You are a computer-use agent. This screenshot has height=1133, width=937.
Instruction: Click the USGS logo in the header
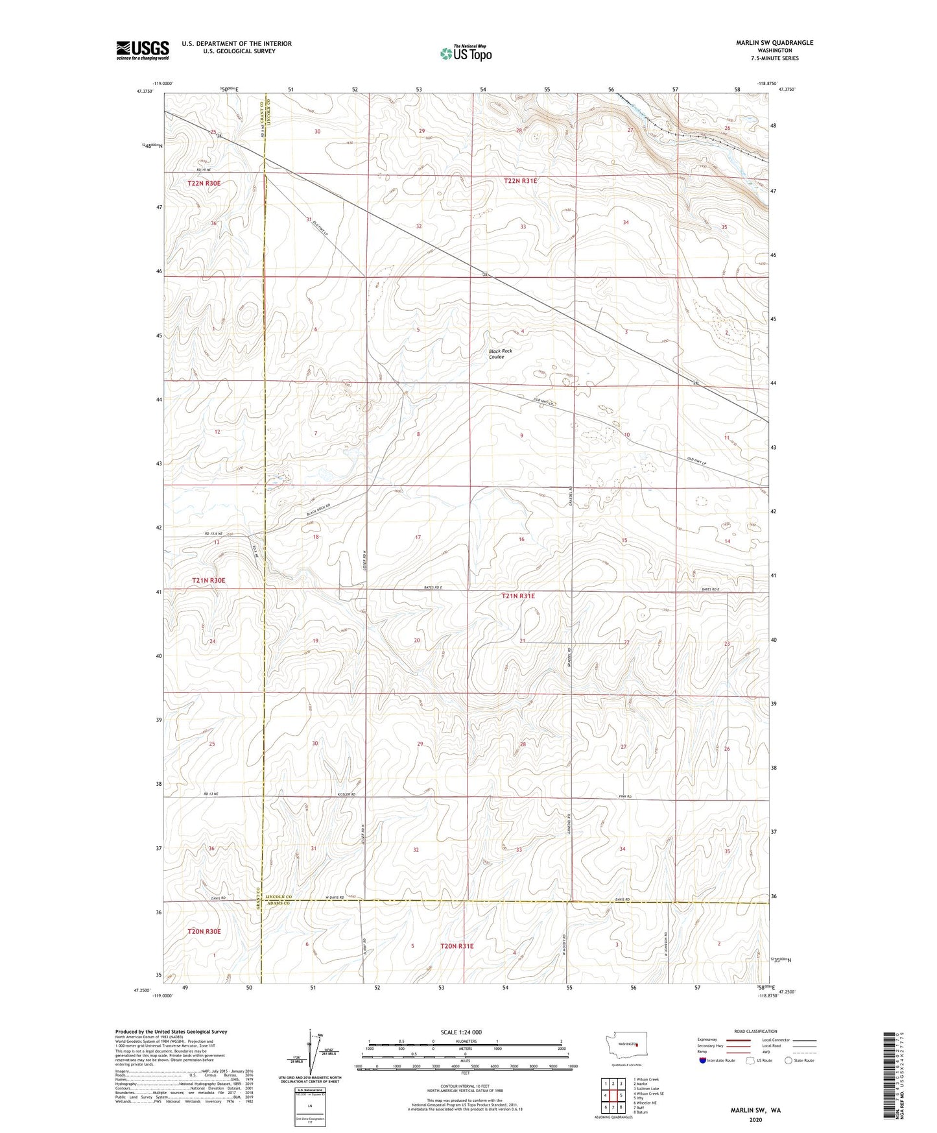(x=143, y=50)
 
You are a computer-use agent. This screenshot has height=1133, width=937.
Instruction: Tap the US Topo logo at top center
(x=466, y=53)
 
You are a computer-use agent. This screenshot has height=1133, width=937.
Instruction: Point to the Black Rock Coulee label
(x=500, y=354)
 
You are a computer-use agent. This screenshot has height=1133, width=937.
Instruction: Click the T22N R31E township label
(x=520, y=181)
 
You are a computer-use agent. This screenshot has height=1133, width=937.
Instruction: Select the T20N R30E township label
(x=204, y=931)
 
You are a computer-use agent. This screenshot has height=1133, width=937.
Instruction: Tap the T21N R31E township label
(x=518, y=595)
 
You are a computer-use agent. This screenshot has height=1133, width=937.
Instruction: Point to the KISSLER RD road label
(x=347, y=794)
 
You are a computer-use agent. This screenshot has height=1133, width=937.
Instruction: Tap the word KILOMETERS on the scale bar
(x=465, y=1041)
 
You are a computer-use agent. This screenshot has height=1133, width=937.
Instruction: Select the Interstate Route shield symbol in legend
(x=703, y=1060)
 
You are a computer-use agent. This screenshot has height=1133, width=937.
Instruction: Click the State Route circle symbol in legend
(x=788, y=1060)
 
